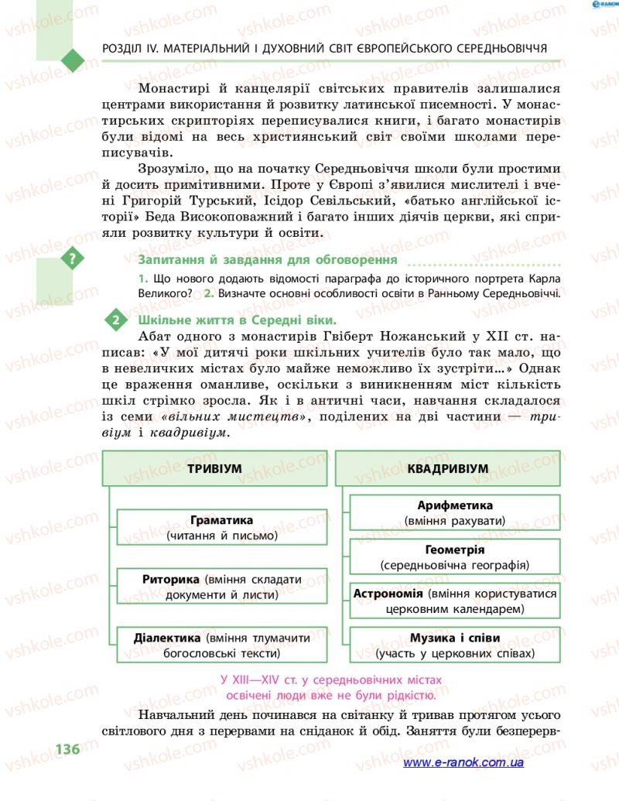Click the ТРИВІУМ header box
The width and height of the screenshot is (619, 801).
click(214, 469)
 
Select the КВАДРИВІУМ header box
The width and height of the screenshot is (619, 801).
click(447, 469)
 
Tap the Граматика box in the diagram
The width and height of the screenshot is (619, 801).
click(221, 527)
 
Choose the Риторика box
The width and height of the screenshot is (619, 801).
click(221, 587)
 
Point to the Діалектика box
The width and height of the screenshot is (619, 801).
click(221, 645)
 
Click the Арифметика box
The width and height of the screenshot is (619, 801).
click(454, 513)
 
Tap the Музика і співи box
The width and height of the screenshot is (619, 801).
click(454, 645)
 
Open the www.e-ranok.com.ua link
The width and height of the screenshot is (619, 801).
click(463, 762)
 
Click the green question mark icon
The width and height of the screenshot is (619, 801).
click(73, 259)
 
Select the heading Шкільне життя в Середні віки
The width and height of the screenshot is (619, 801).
click(237, 319)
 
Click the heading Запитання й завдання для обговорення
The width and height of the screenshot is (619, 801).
click(267, 259)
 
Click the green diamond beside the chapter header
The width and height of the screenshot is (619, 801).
click(72, 59)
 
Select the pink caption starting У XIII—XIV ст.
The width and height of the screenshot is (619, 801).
click(331, 686)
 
